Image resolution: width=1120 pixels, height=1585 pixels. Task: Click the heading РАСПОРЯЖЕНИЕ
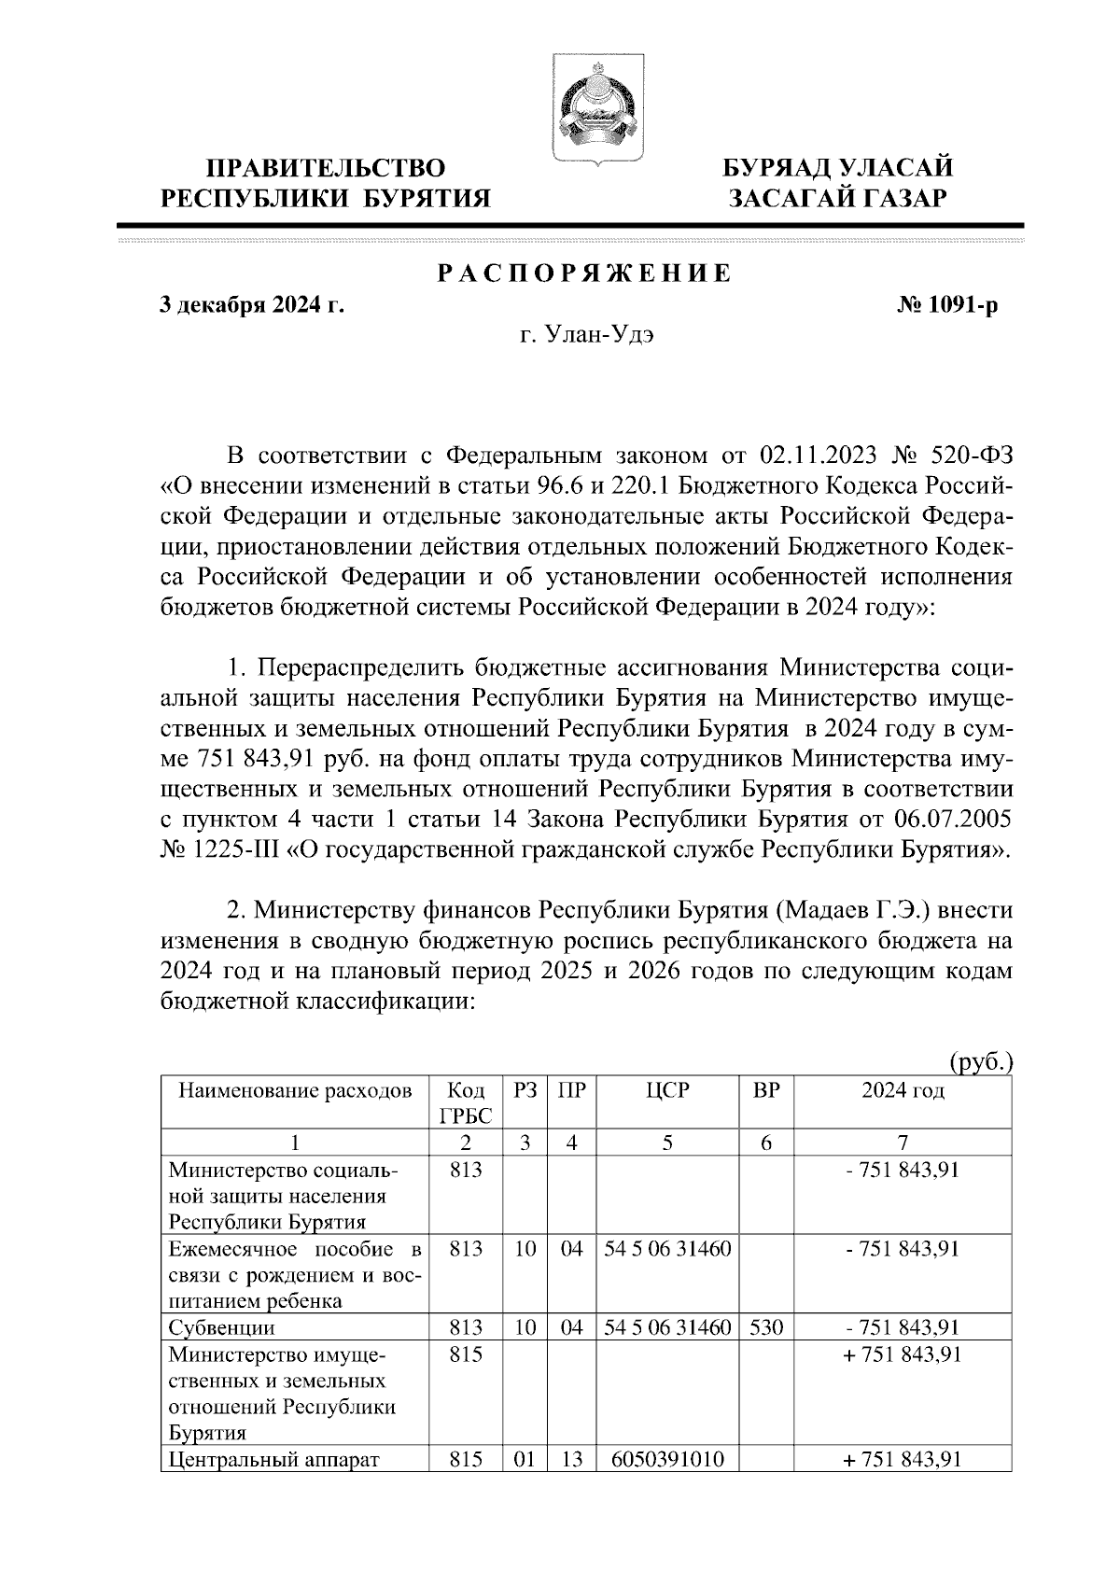pyautogui.click(x=584, y=274)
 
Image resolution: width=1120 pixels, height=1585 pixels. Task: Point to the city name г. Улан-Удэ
pyautogui.click(x=586, y=336)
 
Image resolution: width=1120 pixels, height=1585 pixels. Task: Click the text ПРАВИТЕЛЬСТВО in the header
pyautogui.click(x=326, y=168)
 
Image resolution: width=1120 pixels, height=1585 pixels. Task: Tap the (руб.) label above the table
pyautogui.click(x=980, y=1062)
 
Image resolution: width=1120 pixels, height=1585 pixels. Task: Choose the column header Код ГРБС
pyautogui.click(x=465, y=1102)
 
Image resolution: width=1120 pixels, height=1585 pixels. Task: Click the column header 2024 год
pyautogui.click(x=902, y=1090)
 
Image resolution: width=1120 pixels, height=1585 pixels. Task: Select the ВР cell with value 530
pyautogui.click(x=765, y=1326)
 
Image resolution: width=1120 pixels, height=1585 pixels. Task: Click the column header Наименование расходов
pyautogui.click(x=295, y=1090)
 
